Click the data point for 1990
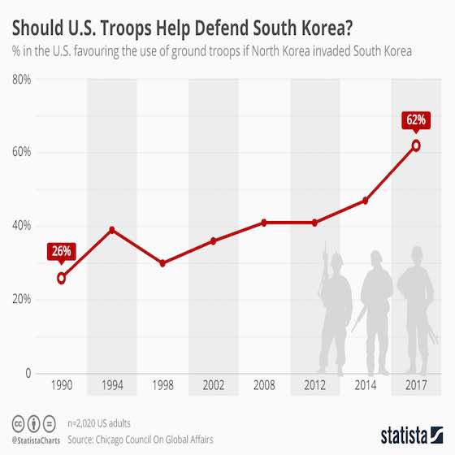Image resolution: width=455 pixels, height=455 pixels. coord(62,278)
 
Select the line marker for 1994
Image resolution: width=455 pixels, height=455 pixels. coord(112,230)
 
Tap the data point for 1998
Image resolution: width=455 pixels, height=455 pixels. coord(162,263)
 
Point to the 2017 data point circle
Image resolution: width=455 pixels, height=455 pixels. coord(416,145)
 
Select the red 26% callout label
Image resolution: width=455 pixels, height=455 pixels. coord(62,251)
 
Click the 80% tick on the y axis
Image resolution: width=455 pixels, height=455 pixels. coord(21,79)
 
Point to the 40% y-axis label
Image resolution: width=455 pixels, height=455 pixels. coord(21,226)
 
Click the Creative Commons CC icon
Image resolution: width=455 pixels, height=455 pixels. coord(18,423)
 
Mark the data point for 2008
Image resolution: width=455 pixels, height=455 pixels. coord(264,223)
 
